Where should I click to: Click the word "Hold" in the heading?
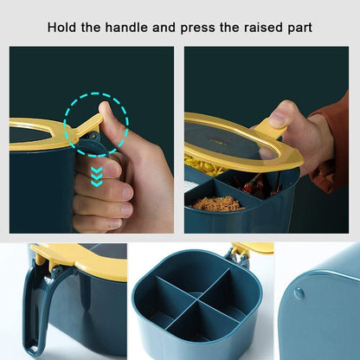click(x=61, y=28)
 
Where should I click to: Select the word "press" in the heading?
click(x=198, y=29)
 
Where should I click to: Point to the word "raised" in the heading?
click(x=263, y=28)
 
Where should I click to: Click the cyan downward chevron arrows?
click(x=96, y=176)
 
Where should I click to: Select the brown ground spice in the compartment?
click(x=218, y=203)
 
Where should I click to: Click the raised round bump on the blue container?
click(x=299, y=293)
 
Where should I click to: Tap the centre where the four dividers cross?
click(x=196, y=298)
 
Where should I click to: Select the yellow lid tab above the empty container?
click(x=254, y=248)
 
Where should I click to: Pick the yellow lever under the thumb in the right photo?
click(x=271, y=129)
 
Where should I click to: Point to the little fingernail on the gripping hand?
click(x=116, y=224)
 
